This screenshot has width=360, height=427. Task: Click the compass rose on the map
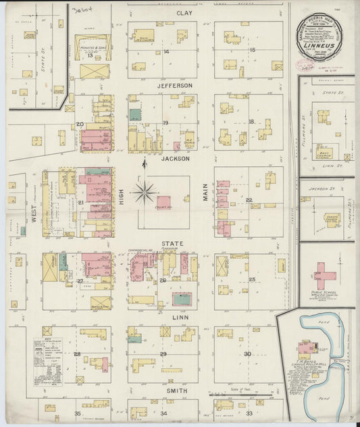click(x=144, y=192)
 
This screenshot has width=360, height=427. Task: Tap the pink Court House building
click(x=163, y=201)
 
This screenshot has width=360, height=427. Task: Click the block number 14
click(x=165, y=51)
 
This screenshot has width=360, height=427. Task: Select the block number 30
click(x=248, y=354)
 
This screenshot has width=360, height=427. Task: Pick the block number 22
click(x=249, y=200)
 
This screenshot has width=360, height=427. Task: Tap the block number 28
click(x=78, y=354)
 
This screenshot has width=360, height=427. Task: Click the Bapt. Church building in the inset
click(x=325, y=153)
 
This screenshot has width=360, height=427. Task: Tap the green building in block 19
click(x=135, y=115)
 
